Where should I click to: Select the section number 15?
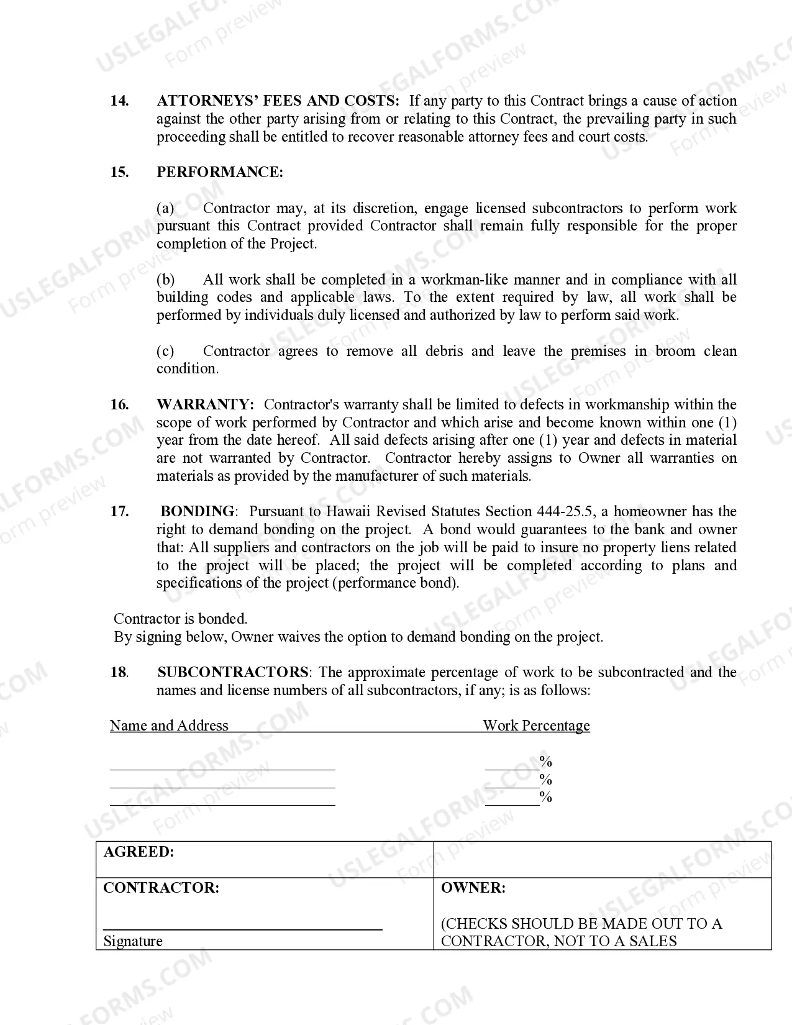[119, 172]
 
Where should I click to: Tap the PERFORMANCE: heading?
[219, 172]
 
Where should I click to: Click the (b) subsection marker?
[165, 280]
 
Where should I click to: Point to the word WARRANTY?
[205, 404]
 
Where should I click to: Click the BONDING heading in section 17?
[198, 511]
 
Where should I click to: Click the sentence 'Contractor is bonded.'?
[180, 619]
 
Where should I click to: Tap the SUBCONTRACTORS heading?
[233, 672]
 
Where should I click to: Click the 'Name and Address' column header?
[169, 726]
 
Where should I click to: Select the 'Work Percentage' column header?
[536, 726]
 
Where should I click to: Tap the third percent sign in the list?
[546, 797]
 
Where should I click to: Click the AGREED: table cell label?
[139, 852]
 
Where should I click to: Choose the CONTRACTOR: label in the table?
[161, 888]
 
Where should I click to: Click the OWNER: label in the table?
[473, 888]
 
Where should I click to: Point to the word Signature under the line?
[133, 941]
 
